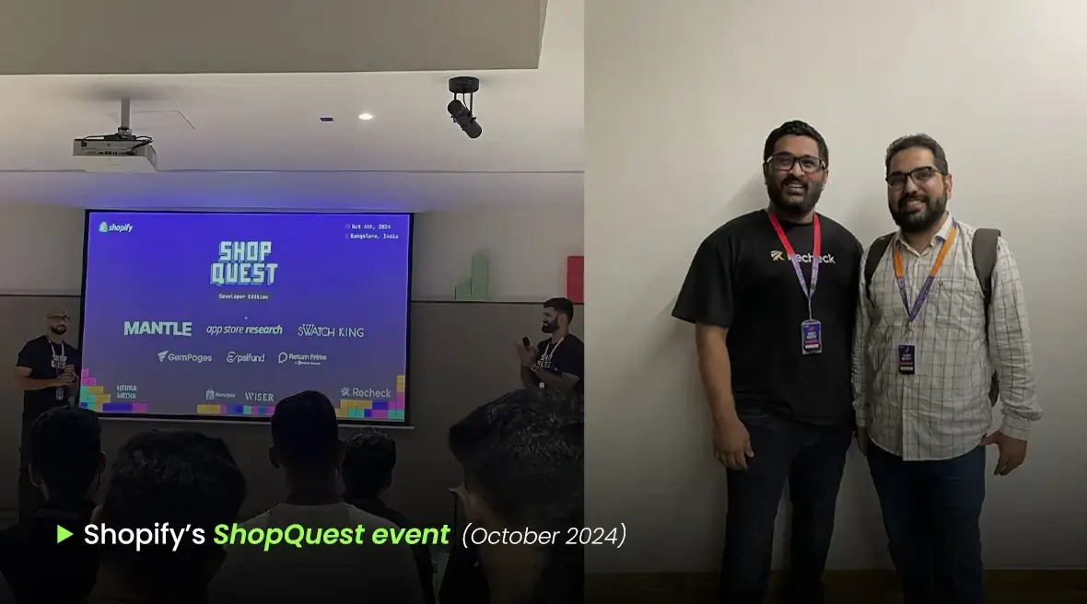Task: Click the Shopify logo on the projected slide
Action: tap(116, 226)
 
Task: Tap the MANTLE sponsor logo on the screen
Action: tap(158, 329)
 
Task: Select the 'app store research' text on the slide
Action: tap(244, 329)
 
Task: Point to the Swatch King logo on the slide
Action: tap(331, 330)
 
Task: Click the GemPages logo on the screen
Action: tap(184, 356)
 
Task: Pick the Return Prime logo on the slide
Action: tap(302, 357)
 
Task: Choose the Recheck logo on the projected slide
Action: tap(366, 392)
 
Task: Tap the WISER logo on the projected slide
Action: tap(259, 397)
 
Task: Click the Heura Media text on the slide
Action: tap(126, 391)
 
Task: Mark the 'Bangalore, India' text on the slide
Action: tap(373, 237)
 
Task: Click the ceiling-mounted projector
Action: tap(115, 153)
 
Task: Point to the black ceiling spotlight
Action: tap(464, 108)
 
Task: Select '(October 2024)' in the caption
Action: tap(543, 535)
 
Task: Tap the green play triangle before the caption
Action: tap(64, 534)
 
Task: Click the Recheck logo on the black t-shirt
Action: tap(803, 257)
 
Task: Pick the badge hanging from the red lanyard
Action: tap(811, 336)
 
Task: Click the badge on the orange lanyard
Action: tap(906, 358)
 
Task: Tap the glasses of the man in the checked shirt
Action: tap(913, 178)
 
